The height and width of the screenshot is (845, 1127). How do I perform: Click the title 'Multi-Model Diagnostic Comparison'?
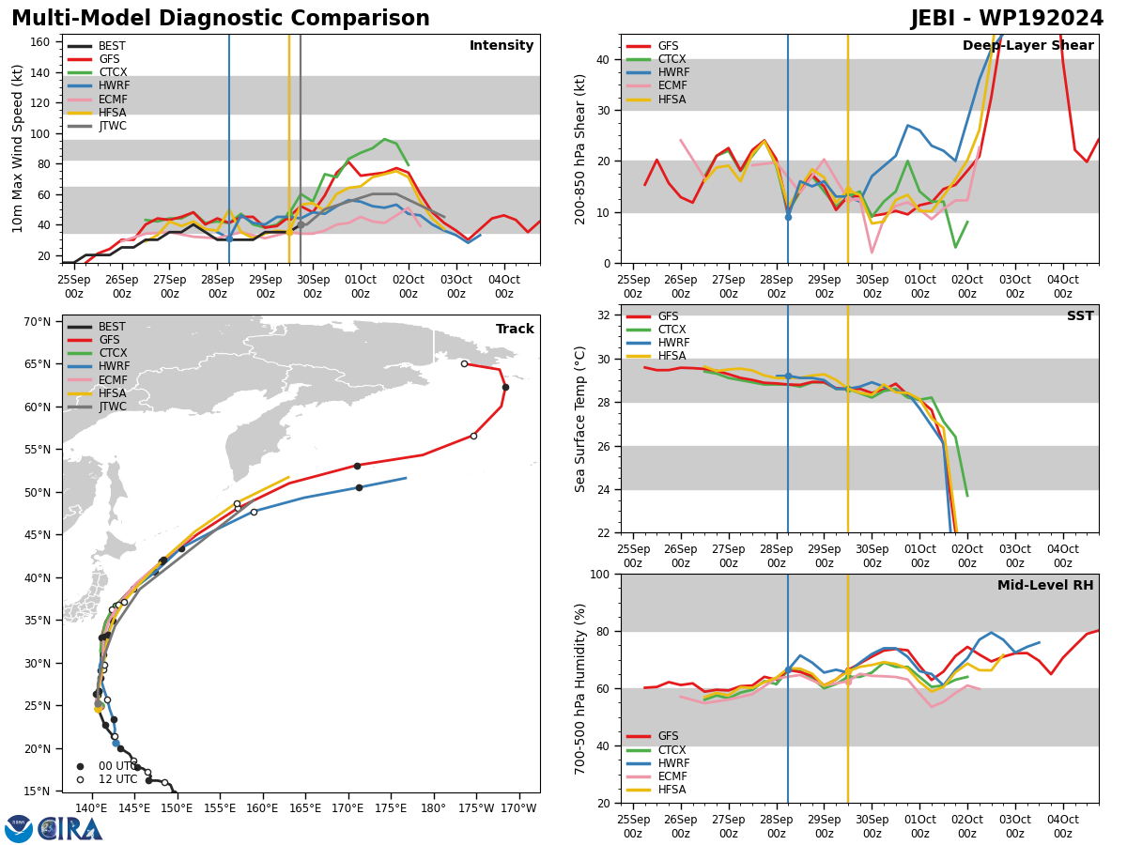coord(221,19)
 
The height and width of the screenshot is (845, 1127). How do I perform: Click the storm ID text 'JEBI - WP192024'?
coord(1007,19)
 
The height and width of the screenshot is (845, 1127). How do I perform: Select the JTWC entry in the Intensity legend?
coord(97,126)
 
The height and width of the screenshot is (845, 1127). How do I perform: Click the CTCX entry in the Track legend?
coord(97,353)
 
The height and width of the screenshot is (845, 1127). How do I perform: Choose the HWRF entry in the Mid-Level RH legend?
coord(658,763)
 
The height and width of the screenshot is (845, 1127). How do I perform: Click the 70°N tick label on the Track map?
coord(38,322)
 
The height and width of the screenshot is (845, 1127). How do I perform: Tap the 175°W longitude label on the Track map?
coord(476,808)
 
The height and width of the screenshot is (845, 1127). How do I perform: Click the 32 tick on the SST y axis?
coord(603,315)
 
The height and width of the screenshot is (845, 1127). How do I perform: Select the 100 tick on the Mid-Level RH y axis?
coord(600,574)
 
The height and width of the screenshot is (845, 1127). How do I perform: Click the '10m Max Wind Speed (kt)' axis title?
coord(17,148)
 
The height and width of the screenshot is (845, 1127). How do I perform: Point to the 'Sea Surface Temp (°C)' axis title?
coord(579,419)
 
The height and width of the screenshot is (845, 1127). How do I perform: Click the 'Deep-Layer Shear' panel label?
coord(1027,45)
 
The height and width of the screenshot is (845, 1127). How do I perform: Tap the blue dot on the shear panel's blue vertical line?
coord(788,218)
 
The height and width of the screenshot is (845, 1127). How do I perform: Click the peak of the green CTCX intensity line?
coord(384,139)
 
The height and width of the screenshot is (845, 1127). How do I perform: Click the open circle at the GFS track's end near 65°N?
coord(464,363)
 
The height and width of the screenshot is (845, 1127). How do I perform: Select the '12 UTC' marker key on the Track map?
coord(107,779)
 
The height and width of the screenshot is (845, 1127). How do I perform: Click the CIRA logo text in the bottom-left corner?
coord(69,829)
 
